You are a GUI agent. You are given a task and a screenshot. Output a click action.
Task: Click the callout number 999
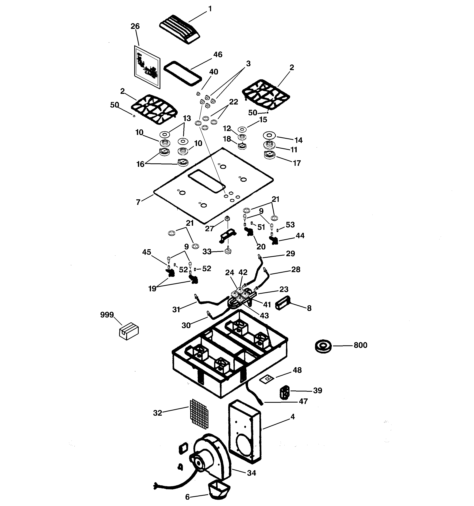tap(107, 315)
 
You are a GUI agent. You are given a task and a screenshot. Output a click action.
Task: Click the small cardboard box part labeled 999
tap(129, 331)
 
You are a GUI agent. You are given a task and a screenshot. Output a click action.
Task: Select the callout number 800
tap(360, 345)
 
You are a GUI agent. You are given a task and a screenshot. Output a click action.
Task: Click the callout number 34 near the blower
tap(251, 473)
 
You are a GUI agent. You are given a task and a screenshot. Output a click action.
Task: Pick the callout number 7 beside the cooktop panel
tap(138, 202)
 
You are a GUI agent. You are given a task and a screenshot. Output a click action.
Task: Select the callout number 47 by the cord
tap(303, 401)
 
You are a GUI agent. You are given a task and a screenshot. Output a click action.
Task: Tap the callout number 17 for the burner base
tap(297, 163)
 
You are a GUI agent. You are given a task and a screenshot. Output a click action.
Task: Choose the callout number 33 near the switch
tap(207, 252)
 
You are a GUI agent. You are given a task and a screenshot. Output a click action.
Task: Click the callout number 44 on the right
tap(300, 236)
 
